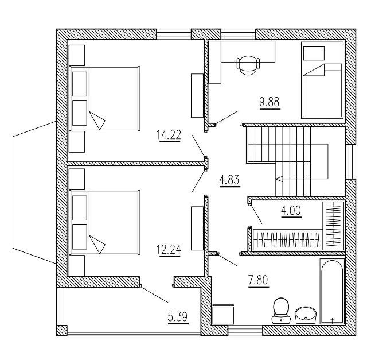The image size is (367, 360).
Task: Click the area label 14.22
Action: [x=169, y=135]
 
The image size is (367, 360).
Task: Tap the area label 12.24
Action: [x=169, y=249]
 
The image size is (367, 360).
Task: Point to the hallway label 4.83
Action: [x=229, y=181]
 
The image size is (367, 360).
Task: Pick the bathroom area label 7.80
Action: [x=259, y=281]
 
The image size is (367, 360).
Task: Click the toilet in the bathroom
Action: [x=281, y=308]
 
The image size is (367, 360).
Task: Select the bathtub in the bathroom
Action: [x=332, y=292]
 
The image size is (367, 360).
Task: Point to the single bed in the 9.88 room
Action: [x=321, y=82]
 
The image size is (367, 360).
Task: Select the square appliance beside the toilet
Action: [x=222, y=315]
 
